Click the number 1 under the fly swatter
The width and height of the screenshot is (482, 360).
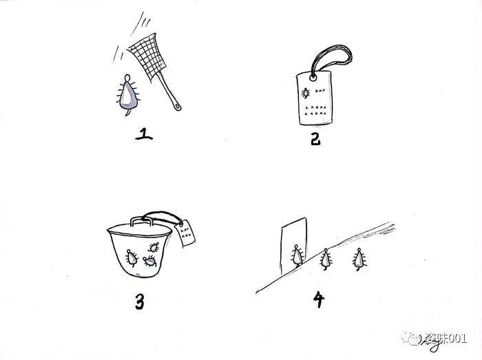tap(144, 130)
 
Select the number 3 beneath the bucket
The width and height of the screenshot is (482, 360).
tap(140, 301)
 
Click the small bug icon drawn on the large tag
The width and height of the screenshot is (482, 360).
tap(304, 92)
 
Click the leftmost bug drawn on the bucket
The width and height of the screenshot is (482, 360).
tap(130, 257)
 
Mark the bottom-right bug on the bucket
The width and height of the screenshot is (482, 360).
tap(149, 260)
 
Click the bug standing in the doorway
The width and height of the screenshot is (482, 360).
tap(297, 256)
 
